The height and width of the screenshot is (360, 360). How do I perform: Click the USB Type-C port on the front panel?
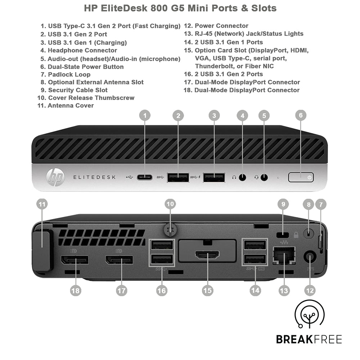[x=145, y=177]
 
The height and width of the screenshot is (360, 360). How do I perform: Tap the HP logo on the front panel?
[x=55, y=177]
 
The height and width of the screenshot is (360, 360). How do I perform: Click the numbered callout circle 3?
[x=214, y=116]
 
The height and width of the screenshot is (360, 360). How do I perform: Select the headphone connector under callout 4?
[x=243, y=177]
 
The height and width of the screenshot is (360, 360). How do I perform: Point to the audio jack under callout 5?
[x=264, y=177]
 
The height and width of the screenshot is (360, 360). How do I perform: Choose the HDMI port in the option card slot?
[x=207, y=256]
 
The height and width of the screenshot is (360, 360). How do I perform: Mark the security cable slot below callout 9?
[x=283, y=235]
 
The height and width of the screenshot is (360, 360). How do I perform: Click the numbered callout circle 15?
[x=207, y=291]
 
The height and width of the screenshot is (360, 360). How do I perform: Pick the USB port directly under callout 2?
[x=178, y=177]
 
